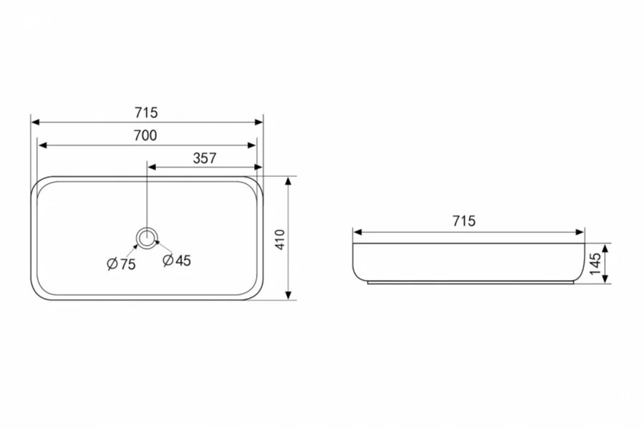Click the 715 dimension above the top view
pos(146,112)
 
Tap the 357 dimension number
pos(204,159)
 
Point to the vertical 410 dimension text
pos(280,238)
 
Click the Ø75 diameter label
pos(121,264)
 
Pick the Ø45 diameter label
pos(177,261)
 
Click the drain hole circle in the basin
pos(147,237)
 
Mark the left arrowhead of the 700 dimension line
pos(42,145)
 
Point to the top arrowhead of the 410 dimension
pos(288,180)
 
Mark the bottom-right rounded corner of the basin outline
pos(257,294)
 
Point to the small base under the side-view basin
pos(469,283)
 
